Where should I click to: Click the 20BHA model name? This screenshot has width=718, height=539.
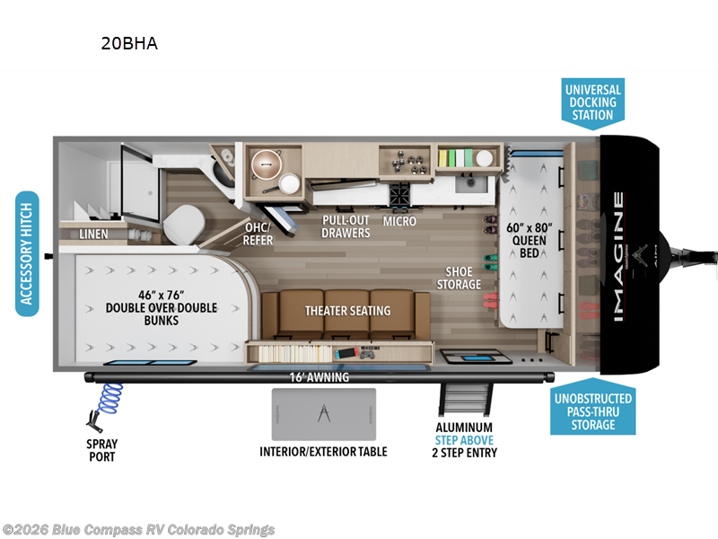point(129,43)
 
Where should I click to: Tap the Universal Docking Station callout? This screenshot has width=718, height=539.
point(592,102)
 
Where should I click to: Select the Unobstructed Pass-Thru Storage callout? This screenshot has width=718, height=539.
point(591,411)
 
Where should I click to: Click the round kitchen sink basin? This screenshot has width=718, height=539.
point(267,163)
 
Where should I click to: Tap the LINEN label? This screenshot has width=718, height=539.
point(92,234)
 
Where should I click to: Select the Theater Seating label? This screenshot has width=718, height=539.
point(347,311)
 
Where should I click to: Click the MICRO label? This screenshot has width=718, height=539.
point(398,220)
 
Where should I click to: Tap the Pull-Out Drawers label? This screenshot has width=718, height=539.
point(346,226)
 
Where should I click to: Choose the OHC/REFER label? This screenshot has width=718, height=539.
point(258,234)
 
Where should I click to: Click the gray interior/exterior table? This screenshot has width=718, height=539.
point(323,415)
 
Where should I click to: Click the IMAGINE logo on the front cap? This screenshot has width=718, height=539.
point(620,255)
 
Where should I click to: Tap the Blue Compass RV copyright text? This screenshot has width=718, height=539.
point(139,529)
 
